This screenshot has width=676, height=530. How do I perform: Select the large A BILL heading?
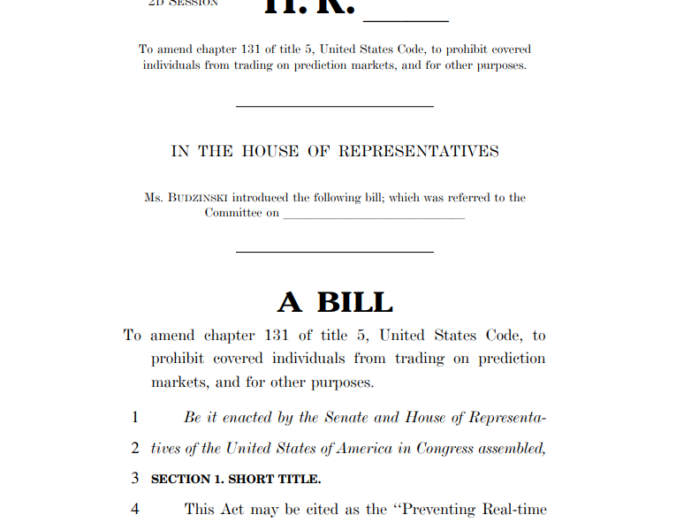click(335, 302)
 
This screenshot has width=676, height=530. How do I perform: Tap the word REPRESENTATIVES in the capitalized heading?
click(418, 151)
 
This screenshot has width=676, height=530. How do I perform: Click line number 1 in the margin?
click(135, 417)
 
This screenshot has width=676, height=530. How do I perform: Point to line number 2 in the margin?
click(135, 448)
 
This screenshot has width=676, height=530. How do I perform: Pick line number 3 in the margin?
click(135, 479)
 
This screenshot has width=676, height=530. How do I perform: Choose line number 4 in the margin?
click(135, 510)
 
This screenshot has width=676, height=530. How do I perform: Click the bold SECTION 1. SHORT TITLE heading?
click(236, 480)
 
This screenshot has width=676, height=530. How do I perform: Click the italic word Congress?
click(443, 448)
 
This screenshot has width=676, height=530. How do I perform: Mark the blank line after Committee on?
click(374, 216)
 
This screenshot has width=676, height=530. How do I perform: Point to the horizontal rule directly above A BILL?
click(335, 253)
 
